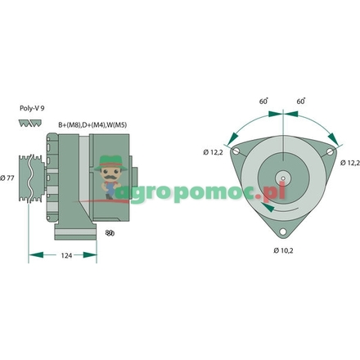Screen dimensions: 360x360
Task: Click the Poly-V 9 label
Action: [30, 107]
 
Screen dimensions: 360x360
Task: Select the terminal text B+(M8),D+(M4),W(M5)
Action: [92, 124]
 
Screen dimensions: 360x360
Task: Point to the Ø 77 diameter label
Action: [9, 177]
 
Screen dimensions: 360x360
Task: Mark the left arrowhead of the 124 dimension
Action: [33, 256]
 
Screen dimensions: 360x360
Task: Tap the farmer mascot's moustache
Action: [109, 174]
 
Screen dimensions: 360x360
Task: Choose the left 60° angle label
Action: [263, 101]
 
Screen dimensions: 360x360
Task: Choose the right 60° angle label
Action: [301, 101]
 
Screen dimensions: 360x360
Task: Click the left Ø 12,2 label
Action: [214, 152]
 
